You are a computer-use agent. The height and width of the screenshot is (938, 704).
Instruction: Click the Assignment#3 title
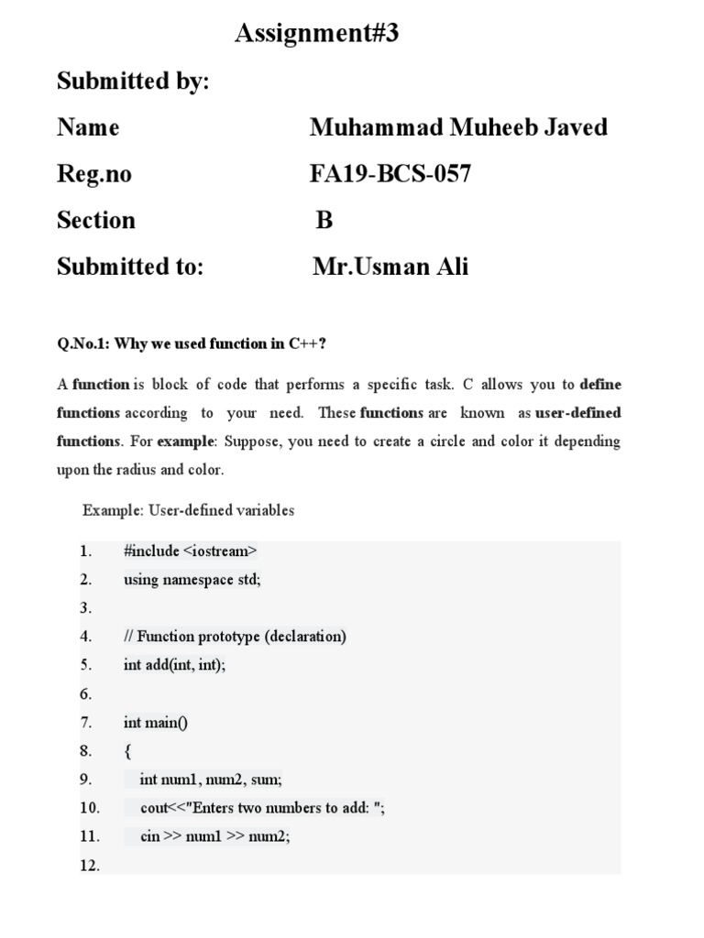317,35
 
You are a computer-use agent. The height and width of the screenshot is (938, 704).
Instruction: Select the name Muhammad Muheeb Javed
457,127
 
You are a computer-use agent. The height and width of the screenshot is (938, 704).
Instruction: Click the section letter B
324,221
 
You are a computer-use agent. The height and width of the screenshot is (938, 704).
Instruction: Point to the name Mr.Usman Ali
390,267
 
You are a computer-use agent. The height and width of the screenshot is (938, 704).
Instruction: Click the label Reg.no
93,174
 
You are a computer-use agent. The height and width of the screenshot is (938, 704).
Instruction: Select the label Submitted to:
129,267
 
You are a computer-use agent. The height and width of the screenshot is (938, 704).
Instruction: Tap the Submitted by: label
133,82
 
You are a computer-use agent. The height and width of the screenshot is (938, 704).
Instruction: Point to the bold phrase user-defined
578,413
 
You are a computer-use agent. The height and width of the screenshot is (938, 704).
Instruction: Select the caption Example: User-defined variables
188,510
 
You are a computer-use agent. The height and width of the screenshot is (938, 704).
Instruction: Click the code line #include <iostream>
190,551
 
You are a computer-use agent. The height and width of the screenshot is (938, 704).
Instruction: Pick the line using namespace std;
192,580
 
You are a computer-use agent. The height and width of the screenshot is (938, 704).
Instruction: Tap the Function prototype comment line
235,637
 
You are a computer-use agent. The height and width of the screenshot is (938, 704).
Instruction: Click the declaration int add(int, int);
174,665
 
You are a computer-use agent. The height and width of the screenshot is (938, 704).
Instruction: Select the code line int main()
155,723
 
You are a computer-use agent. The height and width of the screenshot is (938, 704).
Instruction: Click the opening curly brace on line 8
127,751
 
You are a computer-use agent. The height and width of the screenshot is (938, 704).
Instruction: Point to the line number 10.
89,808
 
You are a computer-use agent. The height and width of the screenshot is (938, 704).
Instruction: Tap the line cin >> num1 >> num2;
214,836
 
